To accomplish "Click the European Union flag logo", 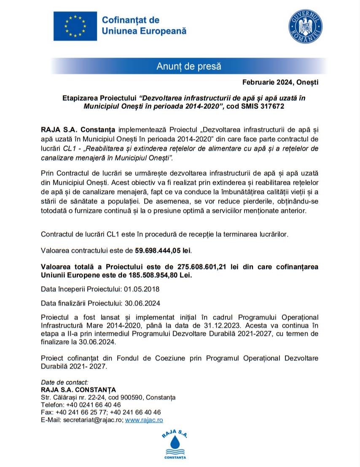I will tap(75, 26).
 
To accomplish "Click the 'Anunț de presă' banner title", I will tap(188, 66).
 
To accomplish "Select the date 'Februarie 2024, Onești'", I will tap(280, 82).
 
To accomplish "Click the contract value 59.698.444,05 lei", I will tap(163, 251).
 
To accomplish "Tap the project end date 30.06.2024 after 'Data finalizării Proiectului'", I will tap(141, 303).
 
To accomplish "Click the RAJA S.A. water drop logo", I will tap(175, 443).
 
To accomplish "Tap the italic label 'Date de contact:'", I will tap(64, 382).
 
